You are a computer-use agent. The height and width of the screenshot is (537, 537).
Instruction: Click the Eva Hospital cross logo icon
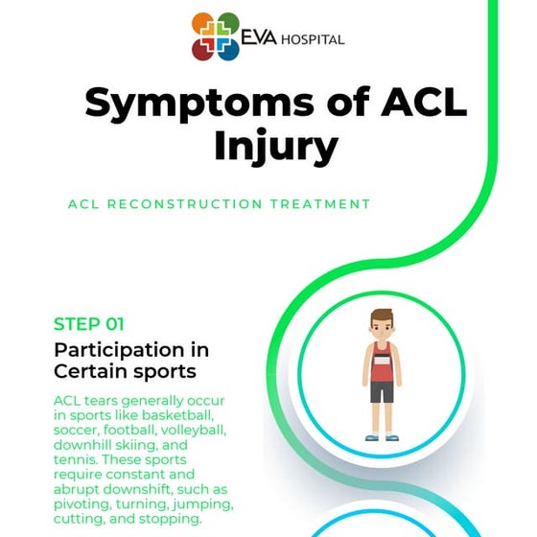pos(216,36)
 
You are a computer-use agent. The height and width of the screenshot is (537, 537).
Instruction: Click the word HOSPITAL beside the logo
pos(312,39)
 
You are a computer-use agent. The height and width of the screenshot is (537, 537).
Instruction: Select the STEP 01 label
pos(89,324)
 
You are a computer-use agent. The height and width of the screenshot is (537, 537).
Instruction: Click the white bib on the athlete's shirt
pos(382,363)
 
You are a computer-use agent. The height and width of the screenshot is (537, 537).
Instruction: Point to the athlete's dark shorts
pos(382,392)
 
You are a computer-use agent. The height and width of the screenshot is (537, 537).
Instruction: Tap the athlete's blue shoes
pos(382,437)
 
